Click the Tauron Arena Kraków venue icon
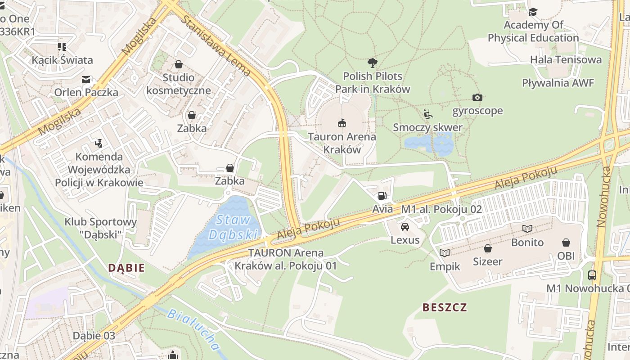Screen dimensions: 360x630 [x=342, y=123]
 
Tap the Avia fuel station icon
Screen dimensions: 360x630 [x=382, y=195]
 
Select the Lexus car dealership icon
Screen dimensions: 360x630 [x=405, y=226]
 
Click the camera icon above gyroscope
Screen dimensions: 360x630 [x=477, y=97]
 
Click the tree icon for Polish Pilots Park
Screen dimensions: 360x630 [x=372, y=63]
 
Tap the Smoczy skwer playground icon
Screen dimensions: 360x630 [x=428, y=114]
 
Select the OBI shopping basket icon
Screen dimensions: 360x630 [x=566, y=243]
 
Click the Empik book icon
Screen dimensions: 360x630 [x=445, y=253]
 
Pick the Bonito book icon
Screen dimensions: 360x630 [x=527, y=229]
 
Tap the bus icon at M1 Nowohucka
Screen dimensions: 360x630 [x=592, y=275]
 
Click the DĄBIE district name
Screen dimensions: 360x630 [x=126, y=268]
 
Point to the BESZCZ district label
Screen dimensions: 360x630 [x=445, y=307]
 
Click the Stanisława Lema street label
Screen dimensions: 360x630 [x=217, y=44]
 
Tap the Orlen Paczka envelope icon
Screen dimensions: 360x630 [x=86, y=80]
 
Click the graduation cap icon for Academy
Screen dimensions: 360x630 [x=533, y=12]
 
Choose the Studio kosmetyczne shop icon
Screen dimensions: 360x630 [x=179, y=64]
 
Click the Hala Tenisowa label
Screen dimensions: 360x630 [x=566, y=59]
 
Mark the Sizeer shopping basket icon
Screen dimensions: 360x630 [x=487, y=248]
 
